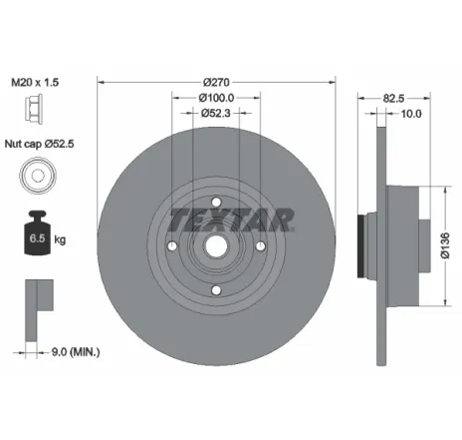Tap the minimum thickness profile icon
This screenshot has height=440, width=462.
[x=35, y=299]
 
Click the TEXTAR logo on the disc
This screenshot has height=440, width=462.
[x=230, y=217]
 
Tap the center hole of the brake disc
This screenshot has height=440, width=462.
[x=216, y=246]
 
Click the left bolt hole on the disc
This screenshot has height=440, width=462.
[x=171, y=246]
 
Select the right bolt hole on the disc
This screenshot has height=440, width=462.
[x=260, y=246]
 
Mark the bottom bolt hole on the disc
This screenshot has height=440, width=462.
[x=216, y=291]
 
